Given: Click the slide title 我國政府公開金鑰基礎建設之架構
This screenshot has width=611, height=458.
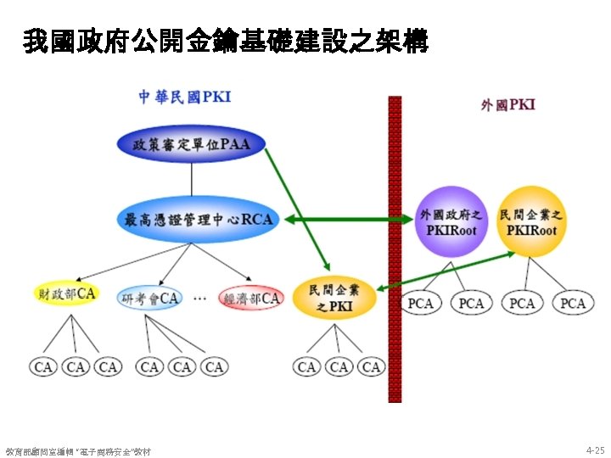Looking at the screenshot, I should click(226, 42).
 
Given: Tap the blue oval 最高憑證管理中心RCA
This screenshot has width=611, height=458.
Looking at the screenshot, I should click(199, 220).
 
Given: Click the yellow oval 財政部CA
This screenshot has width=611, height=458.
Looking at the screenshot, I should click(67, 294).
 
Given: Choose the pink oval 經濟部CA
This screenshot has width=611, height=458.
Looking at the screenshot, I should click(250, 298).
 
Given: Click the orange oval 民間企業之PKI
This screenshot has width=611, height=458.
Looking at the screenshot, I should click(334, 297).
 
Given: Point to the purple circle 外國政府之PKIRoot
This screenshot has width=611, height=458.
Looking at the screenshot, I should click(451, 221).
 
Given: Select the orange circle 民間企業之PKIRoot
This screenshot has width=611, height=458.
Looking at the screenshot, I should click(531, 221).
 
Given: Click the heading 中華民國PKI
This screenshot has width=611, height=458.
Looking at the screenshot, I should click(185, 97).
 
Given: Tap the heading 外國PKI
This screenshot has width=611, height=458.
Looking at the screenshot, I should click(507, 105).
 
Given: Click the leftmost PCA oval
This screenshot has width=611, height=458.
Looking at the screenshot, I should click(421, 303).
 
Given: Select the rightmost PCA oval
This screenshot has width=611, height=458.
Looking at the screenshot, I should click(573, 303).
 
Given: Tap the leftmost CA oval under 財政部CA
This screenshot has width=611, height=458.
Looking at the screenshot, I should click(43, 366).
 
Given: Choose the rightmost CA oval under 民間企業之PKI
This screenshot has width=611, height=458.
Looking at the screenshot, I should click(371, 366).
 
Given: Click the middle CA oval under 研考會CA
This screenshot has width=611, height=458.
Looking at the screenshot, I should click(182, 366).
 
